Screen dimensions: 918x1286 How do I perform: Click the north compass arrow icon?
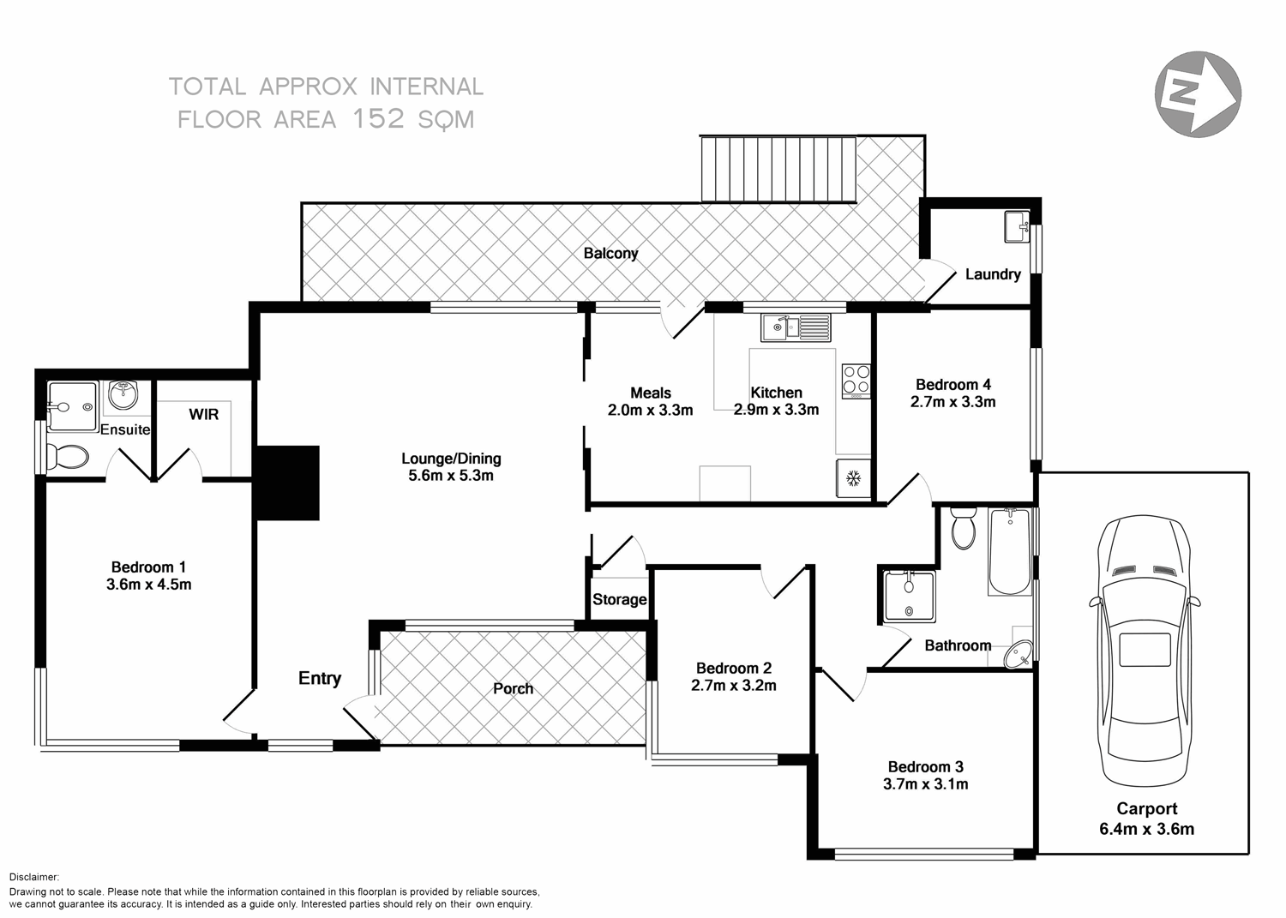(1198, 93)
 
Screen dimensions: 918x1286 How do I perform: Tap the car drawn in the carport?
(1145, 651)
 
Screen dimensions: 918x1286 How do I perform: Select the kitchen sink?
(796, 327)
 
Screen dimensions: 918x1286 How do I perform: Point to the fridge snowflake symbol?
(854, 477)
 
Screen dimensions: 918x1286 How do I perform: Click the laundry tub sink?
(1017, 227)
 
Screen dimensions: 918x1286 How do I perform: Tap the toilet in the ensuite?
(67, 457)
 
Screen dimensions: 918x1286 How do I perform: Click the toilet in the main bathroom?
(964, 528)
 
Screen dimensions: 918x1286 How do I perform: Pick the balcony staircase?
(778, 168)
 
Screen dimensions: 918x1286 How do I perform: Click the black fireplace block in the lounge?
(287, 483)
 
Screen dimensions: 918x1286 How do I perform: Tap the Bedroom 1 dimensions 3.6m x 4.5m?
(148, 585)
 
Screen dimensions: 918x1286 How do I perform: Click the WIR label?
(204, 415)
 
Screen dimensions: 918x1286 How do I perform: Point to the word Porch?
(513, 688)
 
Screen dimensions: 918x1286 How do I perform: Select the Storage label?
(619, 599)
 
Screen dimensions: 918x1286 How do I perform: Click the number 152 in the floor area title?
(378, 119)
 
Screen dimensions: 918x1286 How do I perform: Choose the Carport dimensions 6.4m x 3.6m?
(1146, 829)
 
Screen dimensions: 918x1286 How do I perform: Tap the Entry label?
(320, 678)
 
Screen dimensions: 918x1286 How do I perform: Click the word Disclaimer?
(34, 877)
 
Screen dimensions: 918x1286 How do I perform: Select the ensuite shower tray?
(72, 405)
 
